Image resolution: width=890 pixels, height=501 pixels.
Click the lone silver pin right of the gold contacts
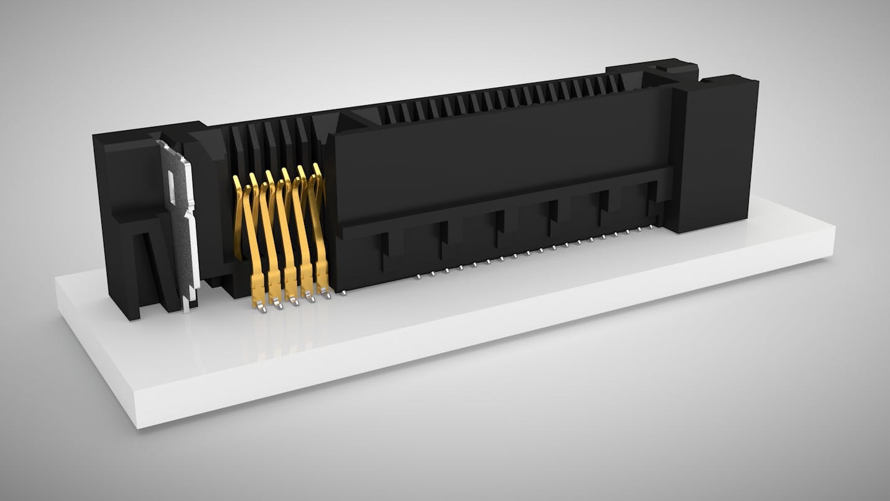pyautogui.click(x=343, y=291)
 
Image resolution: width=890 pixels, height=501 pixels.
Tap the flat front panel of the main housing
pyautogui.click(x=498, y=156)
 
